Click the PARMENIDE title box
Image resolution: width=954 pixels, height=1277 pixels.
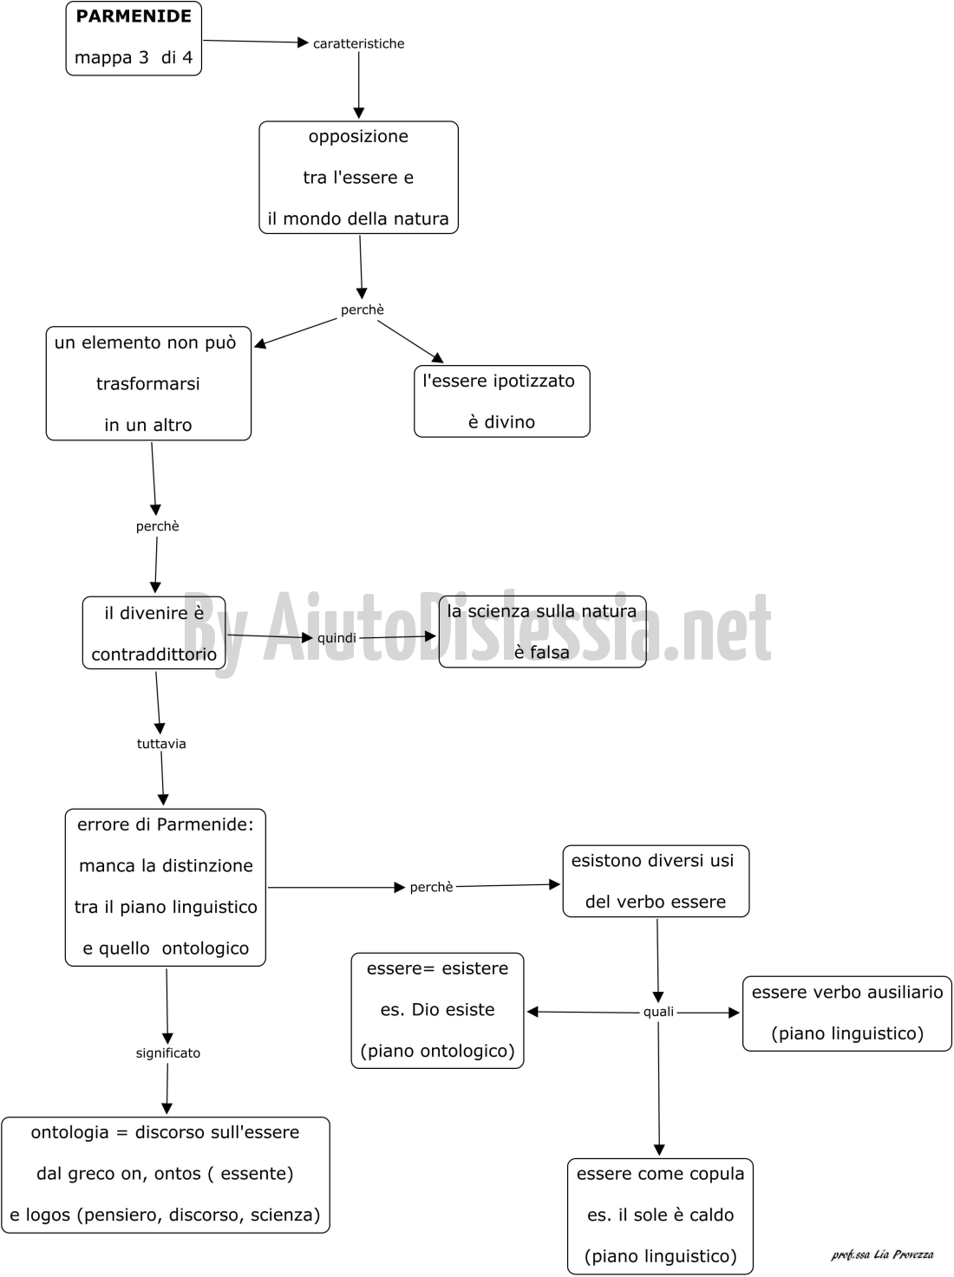tap(134, 38)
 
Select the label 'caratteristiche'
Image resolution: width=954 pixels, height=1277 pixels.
tap(358, 43)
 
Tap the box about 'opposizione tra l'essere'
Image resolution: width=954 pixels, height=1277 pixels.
tap(358, 178)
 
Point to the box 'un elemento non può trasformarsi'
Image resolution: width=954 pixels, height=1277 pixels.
tap(148, 383)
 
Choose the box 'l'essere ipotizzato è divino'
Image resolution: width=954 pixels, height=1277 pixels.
tap(502, 401)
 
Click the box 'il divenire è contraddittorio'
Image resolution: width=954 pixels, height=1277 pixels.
tap(154, 633)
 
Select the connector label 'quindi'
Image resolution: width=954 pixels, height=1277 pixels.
tap(337, 638)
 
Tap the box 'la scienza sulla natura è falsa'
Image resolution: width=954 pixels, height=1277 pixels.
tap(543, 632)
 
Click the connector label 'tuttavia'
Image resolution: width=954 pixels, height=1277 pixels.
tap(161, 744)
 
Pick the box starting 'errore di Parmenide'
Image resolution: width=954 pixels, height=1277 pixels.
tap(166, 887)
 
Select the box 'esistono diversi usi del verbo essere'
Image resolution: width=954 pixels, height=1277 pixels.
tap(656, 881)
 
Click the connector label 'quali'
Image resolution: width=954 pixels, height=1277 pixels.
tap(658, 1012)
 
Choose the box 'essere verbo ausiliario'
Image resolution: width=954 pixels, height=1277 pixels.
tap(847, 1013)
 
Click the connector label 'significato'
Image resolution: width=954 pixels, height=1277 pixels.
tap(168, 1053)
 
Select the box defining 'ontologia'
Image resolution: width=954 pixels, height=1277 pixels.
tap(166, 1175)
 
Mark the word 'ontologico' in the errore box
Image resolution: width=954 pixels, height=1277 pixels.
tap(206, 948)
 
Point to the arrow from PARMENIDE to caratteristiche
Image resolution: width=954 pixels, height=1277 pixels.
tap(256, 42)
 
